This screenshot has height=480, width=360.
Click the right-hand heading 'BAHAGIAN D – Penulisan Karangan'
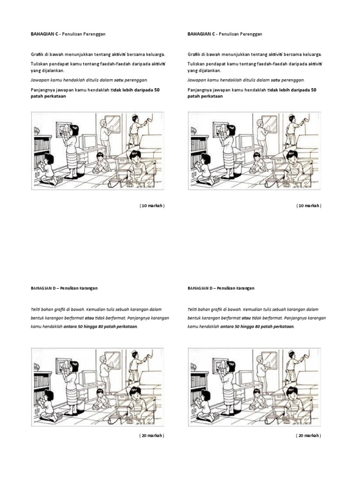pos(220,288)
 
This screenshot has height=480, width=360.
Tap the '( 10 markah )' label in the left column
pos(152,206)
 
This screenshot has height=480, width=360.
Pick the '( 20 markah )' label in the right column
pos(308,435)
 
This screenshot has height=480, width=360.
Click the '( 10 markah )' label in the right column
pos(308,206)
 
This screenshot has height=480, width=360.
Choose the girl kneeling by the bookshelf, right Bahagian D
pos(202,403)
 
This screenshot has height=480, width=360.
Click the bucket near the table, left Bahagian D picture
pos(118,412)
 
